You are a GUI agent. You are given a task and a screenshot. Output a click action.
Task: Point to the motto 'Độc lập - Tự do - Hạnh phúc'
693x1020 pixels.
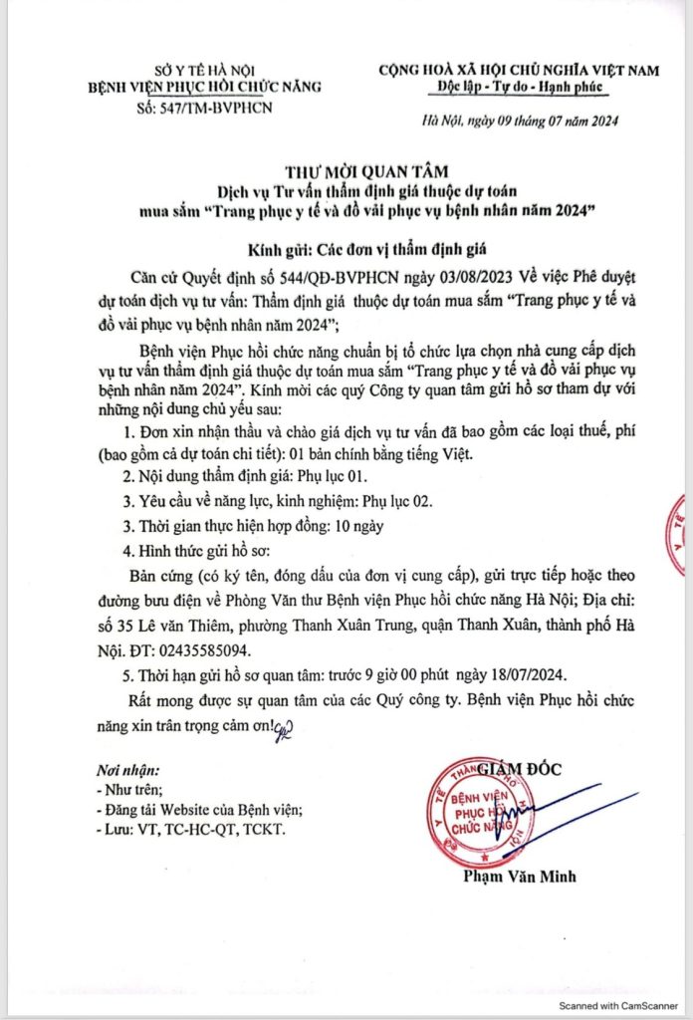(522, 87)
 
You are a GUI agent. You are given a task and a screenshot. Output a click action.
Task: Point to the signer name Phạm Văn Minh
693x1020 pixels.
(520, 877)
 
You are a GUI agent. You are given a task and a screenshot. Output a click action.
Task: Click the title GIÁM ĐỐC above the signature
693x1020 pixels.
(519, 769)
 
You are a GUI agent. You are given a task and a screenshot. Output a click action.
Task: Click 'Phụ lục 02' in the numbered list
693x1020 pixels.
(397, 500)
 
